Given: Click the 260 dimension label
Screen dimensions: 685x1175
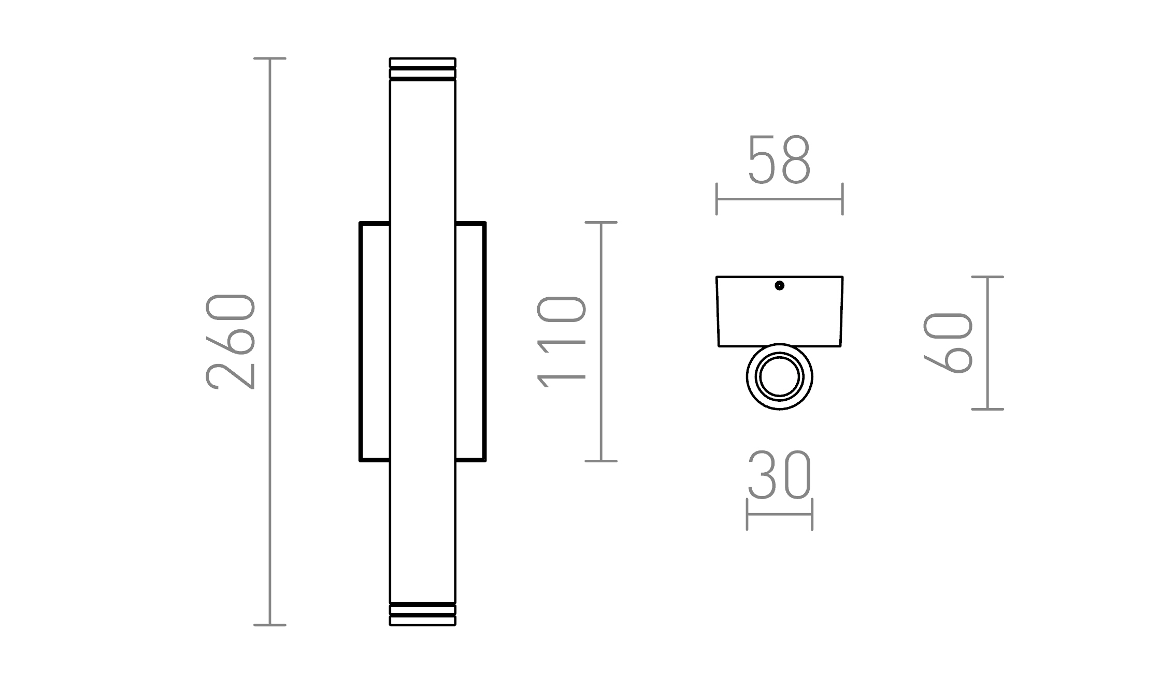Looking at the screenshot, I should [231, 342].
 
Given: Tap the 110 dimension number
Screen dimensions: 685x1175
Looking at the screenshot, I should [562, 342].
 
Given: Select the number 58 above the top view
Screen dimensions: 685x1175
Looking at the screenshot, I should [779, 160].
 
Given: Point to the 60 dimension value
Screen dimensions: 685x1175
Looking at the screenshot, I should [948, 343].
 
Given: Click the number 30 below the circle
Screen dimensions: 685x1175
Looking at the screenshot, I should [779, 475].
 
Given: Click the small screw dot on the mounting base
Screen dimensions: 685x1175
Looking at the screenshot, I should [779, 286].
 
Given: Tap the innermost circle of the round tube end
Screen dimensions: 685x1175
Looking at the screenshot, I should [779, 377].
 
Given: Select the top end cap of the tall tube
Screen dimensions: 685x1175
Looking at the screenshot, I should [422, 69].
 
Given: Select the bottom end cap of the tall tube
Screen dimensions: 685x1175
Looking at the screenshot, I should [422, 615].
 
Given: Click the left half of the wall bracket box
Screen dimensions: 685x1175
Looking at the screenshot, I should [375, 342].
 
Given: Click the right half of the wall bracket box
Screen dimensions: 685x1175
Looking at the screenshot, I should [470, 342].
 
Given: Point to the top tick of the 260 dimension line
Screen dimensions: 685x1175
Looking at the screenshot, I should [270, 59].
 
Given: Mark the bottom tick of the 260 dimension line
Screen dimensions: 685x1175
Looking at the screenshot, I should [270, 625].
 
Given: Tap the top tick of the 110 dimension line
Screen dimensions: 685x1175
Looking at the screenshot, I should [601, 223].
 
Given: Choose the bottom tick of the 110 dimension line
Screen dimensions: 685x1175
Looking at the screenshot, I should [601, 461].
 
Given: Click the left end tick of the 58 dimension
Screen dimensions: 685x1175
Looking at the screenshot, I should [717, 199].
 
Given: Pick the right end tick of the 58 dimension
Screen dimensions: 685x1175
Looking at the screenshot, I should [842, 199].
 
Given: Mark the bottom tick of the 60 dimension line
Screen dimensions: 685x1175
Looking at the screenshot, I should [987, 409].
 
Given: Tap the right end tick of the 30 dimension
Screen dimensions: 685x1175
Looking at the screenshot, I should [812, 514].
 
